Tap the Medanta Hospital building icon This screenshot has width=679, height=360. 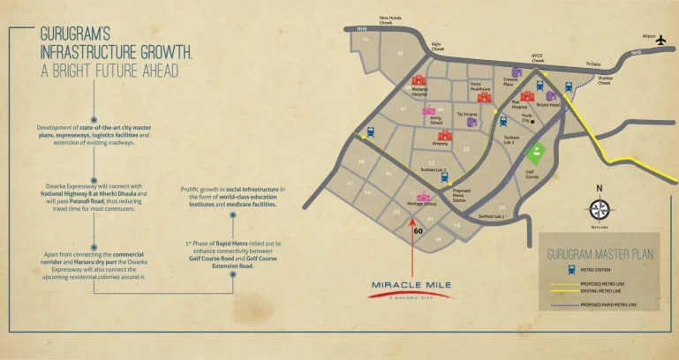419,79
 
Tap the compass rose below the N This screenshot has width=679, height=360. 600,210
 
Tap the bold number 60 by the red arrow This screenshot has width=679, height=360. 418,231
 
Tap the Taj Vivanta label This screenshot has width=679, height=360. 467,114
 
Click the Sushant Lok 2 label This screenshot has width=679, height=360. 491,216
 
